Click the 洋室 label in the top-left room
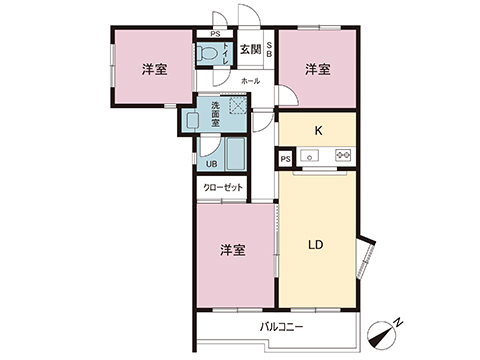pos(153,69)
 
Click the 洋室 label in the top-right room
pos(318,69)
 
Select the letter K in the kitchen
pos(318,130)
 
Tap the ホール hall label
pos(250,80)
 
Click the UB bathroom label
pos(211,165)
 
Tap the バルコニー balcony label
pos(281,327)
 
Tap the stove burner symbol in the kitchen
pos(343,156)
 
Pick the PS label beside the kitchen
pos(285,158)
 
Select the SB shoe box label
pos(269,48)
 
